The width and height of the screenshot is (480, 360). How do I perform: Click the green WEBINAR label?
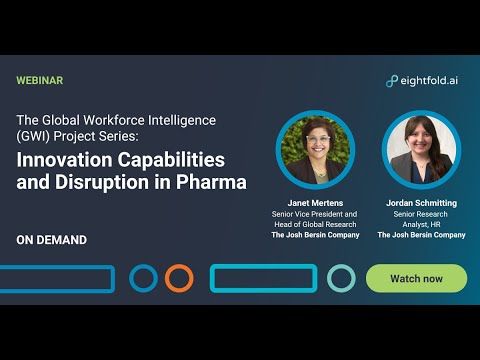click(x=40, y=80)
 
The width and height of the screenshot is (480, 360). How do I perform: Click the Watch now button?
click(x=416, y=278)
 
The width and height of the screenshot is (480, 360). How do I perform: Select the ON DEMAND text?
click(x=52, y=240)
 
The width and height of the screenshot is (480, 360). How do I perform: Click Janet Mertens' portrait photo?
click(x=315, y=150)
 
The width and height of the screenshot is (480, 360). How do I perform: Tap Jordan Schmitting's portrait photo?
click(x=421, y=150)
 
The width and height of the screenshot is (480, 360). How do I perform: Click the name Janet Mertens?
click(x=315, y=203)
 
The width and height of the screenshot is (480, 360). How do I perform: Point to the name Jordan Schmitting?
click(x=421, y=203)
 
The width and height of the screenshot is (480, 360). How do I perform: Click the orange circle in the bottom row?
click(x=179, y=278)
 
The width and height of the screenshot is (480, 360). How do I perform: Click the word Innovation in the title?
click(x=69, y=160)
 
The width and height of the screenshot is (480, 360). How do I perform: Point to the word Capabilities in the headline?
click(x=175, y=160)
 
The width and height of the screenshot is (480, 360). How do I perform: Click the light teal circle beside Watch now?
click(x=341, y=278)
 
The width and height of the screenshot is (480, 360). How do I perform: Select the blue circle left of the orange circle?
click(x=144, y=278)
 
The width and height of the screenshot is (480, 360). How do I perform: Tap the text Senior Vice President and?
click(x=315, y=214)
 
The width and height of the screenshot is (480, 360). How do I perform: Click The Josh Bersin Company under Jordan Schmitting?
click(x=421, y=235)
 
